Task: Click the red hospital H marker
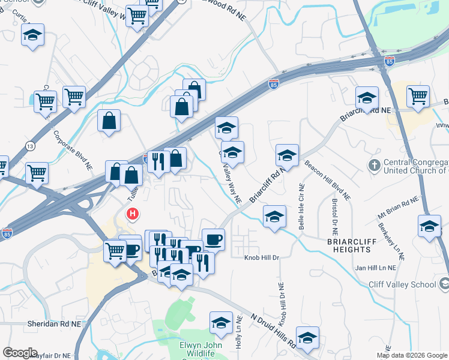[133, 214]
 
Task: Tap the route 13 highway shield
[29, 146]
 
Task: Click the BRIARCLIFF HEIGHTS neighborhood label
[340, 245]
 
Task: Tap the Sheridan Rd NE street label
[54, 323]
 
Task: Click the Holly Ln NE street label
[239, 333]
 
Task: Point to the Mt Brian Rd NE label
[397, 208]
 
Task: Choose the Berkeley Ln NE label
[391, 242]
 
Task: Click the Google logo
[20, 352]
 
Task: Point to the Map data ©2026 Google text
[411, 355]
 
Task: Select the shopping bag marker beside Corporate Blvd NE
[109, 121]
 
